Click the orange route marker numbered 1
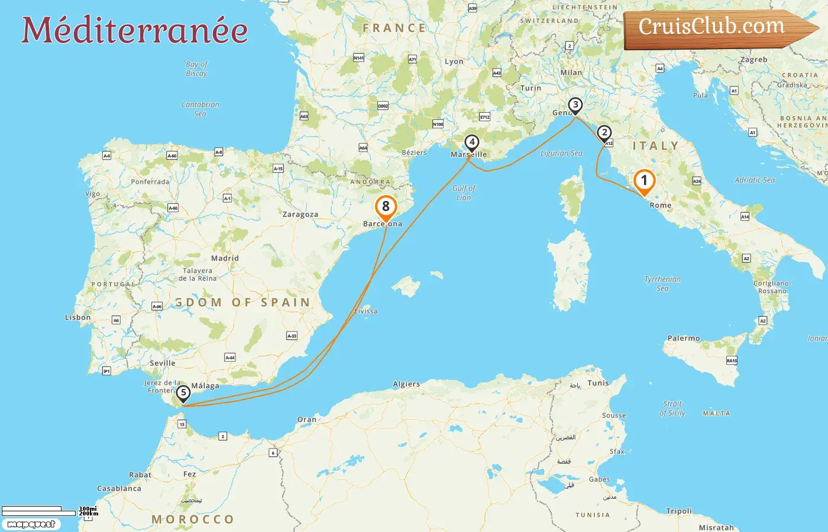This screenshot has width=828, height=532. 644,181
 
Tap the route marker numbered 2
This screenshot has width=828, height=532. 604,133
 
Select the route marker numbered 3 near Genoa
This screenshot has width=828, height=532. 575,105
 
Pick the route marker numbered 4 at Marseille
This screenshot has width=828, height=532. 471,142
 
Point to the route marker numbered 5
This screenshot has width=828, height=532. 183,393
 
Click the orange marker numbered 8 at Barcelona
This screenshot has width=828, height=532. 386,207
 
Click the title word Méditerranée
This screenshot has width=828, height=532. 135,30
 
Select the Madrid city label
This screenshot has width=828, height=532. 225,258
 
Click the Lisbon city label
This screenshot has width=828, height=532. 77,317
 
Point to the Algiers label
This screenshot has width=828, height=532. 406,384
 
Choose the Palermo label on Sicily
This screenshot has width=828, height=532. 684,338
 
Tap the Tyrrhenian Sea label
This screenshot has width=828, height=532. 662,284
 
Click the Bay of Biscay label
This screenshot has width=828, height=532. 196,69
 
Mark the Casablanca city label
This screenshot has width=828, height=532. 119,489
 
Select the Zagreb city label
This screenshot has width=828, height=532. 753,60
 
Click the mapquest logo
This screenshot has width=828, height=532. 31,524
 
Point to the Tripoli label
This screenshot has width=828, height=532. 678,511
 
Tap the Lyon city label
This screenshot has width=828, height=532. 454,61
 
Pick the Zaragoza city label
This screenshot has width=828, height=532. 300,215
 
